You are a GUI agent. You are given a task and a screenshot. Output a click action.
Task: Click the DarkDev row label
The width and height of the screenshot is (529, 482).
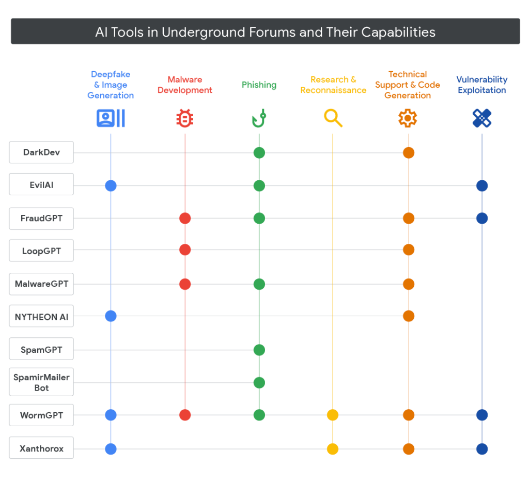[x=41, y=152]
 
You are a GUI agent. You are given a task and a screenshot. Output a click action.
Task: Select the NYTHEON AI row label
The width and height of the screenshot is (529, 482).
[x=41, y=316]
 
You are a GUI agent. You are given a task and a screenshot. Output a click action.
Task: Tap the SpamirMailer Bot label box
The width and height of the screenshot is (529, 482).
[x=41, y=382]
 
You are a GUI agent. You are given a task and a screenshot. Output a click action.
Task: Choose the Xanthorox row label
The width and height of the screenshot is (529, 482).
[x=41, y=448]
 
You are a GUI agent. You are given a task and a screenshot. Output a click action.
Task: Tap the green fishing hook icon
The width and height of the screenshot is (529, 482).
[x=259, y=118]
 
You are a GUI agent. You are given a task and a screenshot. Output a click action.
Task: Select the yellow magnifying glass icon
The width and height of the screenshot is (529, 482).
[x=333, y=118]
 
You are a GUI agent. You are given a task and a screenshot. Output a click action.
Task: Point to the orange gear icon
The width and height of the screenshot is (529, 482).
[x=408, y=118]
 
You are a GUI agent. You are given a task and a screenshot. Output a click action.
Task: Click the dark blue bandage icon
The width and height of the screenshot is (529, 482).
[x=482, y=118]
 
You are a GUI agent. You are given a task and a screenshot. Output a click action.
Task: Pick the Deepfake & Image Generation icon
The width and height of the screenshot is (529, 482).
[x=111, y=118]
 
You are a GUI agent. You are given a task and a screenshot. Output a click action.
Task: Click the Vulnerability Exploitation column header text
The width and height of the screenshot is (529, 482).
[x=482, y=85]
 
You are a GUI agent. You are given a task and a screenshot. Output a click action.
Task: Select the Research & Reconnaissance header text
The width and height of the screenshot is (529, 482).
[x=333, y=85]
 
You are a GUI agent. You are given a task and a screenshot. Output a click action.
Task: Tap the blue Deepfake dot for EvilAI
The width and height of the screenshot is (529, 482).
[x=111, y=185]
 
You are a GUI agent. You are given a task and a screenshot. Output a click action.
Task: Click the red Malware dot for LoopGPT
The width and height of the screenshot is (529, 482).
[x=185, y=250]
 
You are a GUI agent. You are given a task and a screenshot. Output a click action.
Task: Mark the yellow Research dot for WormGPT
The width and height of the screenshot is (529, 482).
[x=333, y=415]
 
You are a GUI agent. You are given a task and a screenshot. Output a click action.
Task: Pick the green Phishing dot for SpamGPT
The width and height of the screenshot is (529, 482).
[x=259, y=350]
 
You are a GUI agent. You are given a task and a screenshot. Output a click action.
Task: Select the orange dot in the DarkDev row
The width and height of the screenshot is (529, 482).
[x=409, y=152]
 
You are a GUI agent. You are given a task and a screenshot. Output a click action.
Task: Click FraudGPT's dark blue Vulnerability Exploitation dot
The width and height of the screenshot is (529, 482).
[x=482, y=218]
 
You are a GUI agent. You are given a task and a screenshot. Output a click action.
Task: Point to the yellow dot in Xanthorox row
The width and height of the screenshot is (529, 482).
[x=333, y=448]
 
